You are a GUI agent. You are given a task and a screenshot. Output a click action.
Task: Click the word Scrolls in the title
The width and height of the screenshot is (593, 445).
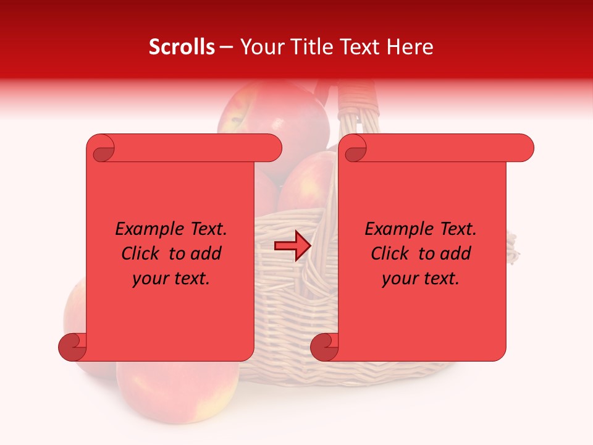point(182,47)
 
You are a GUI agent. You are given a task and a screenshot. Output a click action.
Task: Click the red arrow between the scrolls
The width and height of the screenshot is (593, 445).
point(292,246)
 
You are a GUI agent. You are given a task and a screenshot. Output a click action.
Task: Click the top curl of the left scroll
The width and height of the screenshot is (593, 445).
point(101,148)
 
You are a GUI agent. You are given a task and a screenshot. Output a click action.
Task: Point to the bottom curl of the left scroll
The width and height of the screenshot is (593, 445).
point(72,347)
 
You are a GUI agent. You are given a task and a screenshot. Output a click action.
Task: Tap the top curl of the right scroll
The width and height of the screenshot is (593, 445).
point(354,148)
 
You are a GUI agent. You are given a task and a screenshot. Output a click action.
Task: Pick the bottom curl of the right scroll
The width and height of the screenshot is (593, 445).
point(324,347)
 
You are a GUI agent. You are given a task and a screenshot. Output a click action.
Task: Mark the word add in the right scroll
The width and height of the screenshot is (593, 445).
point(455,254)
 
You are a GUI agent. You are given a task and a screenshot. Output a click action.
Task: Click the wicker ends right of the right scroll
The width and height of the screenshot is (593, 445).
point(513,247)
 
